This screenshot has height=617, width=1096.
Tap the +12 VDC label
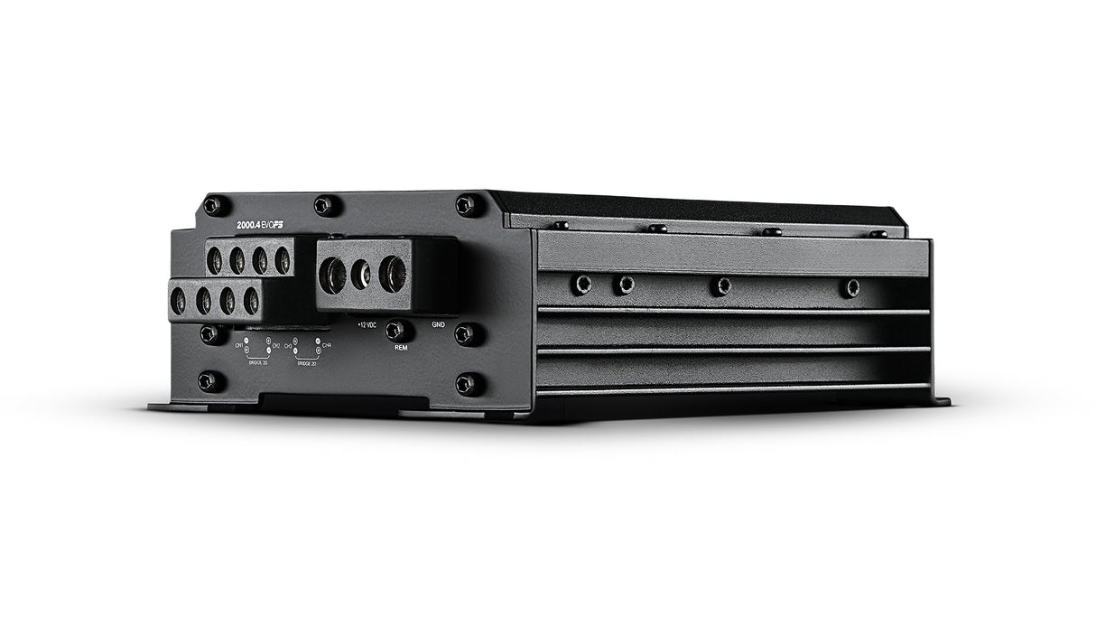click(367, 323)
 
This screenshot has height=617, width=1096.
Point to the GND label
click(438, 323)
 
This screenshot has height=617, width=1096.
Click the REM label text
click(402, 346)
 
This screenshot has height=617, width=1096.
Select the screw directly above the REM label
click(395, 331)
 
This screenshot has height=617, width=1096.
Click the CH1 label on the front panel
click(239, 346)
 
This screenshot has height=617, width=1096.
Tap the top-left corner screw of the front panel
click(213, 206)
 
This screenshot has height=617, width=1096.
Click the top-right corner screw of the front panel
click(466, 205)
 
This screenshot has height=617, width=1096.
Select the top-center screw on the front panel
click(324, 206)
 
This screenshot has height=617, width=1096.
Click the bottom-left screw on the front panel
click(208, 380)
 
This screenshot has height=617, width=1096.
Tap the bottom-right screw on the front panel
click(465, 384)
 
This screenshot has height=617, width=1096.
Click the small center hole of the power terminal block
click(361, 275)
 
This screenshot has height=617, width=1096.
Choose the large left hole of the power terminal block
click(333, 275)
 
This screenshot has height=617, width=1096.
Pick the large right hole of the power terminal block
click(393, 274)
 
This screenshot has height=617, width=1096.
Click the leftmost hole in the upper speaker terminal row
click(215, 261)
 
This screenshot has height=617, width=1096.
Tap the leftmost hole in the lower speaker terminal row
click(179, 300)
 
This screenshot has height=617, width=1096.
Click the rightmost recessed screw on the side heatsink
click(850, 287)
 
